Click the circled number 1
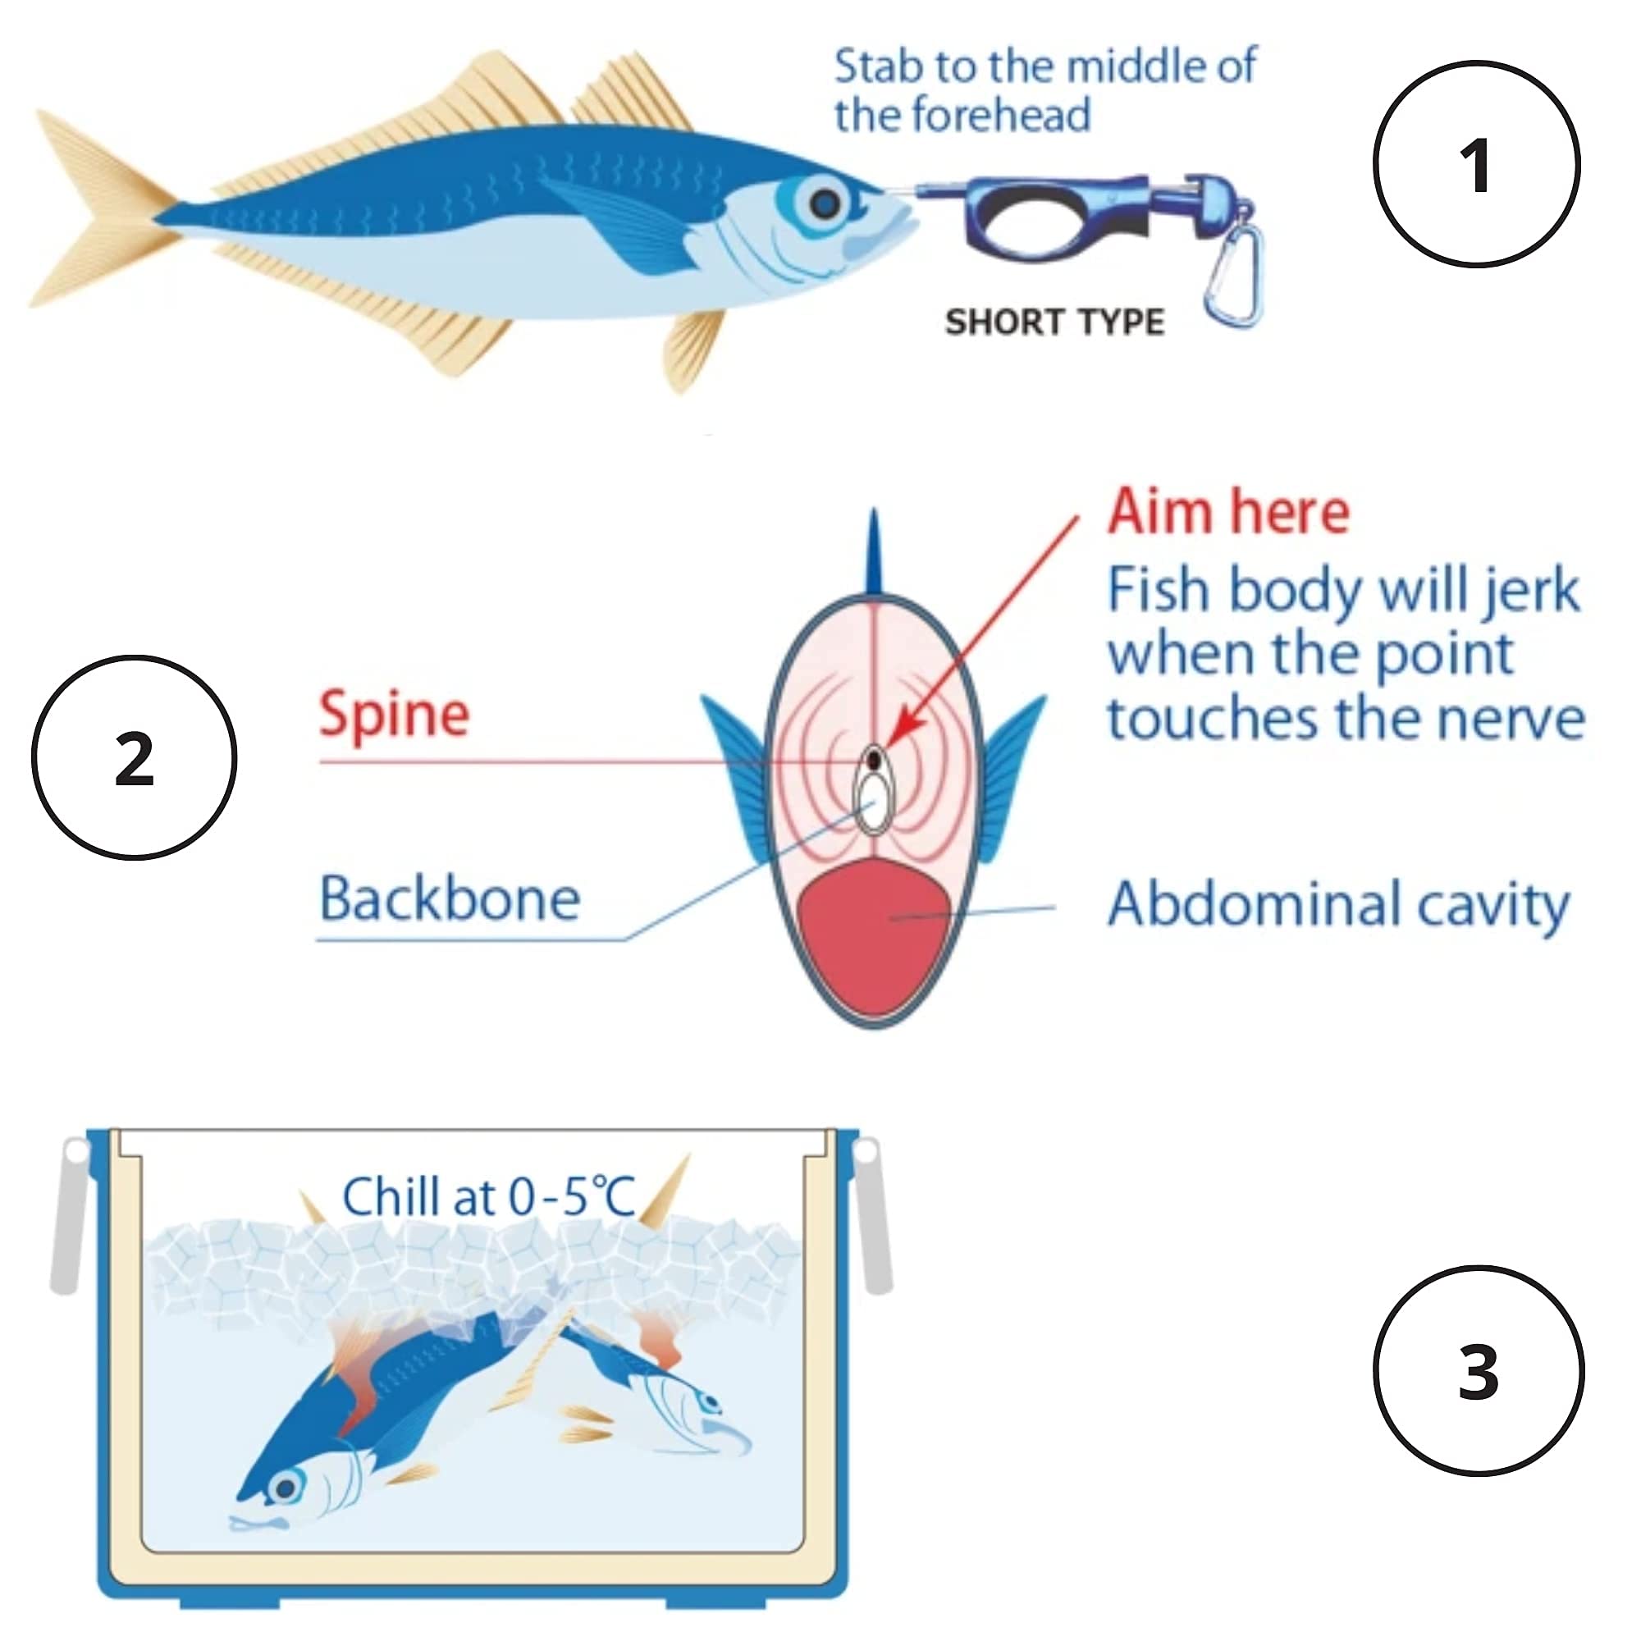coord(1476,165)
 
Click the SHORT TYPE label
coord(1054,322)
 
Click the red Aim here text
coord(1228,511)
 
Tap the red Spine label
coord(394,715)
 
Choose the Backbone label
coord(450,898)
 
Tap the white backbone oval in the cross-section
coord(873,802)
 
